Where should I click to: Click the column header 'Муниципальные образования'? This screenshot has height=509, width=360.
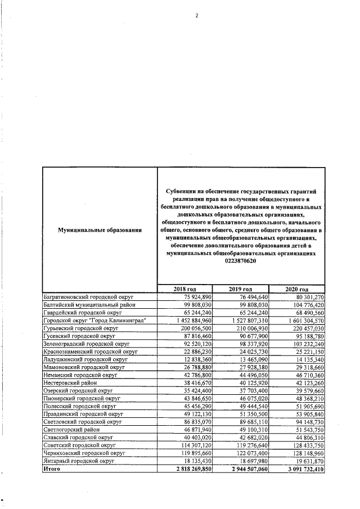(99, 229)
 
